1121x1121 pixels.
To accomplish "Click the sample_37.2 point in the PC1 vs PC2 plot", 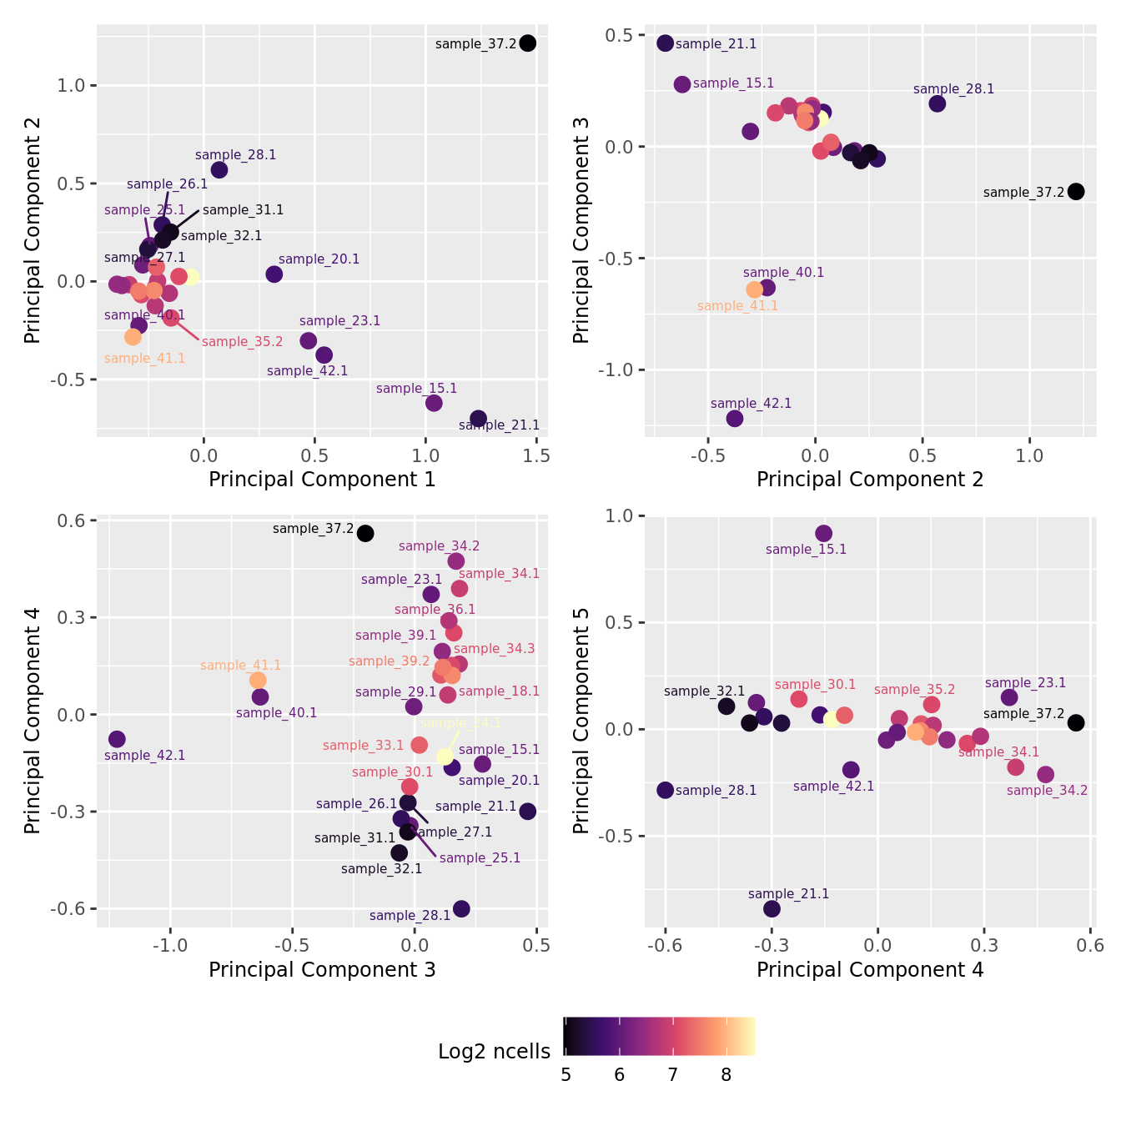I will click(527, 43).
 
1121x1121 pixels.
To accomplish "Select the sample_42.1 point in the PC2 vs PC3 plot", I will click(734, 418).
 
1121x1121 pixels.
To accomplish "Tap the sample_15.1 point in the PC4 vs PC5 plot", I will click(823, 534).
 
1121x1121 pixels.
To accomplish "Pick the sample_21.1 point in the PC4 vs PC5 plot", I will click(772, 908).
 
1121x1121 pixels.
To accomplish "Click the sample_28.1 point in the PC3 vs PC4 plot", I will click(461, 908).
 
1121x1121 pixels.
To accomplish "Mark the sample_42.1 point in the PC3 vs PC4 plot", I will click(117, 739).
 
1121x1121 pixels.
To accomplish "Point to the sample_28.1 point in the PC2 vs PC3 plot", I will click(937, 103).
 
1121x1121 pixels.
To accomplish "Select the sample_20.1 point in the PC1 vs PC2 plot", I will click(274, 274).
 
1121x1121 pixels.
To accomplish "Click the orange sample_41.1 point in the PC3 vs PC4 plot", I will click(258, 681).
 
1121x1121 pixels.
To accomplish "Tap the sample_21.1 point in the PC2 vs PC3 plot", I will click(665, 43).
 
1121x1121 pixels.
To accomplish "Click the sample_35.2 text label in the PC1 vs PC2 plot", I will click(242, 342).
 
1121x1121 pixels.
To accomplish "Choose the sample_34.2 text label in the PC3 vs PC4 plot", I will click(439, 546).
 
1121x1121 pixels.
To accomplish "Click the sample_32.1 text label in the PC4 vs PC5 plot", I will click(704, 691).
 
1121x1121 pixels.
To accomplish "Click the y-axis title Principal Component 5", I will click(581, 721).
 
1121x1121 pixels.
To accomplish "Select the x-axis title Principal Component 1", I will click(322, 480).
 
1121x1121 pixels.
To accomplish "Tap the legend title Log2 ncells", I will click(494, 1052).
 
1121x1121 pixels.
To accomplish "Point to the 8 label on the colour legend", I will click(726, 1075).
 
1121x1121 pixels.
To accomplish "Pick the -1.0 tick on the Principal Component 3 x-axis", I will click(170, 946).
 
